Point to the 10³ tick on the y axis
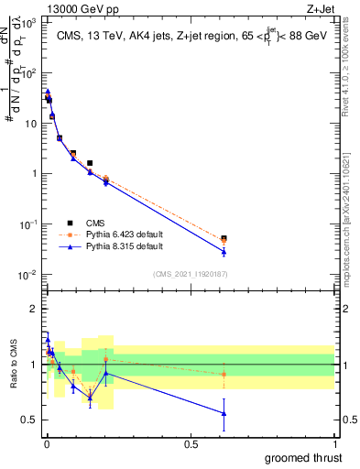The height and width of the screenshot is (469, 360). pyautogui.click(x=31, y=22)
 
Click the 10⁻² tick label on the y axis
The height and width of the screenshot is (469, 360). pyautogui.click(x=29, y=275)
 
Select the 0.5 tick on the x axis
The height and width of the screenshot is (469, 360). pyautogui.click(x=191, y=442)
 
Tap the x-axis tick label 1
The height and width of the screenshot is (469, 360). pyautogui.click(x=335, y=442)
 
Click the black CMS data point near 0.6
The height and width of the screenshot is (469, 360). pyautogui.click(x=224, y=238)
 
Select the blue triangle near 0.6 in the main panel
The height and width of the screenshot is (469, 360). pyautogui.click(x=224, y=251)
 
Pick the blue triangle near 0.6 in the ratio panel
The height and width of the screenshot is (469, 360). pyautogui.click(x=224, y=413)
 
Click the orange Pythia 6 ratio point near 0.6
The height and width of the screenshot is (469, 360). pyautogui.click(x=224, y=374)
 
